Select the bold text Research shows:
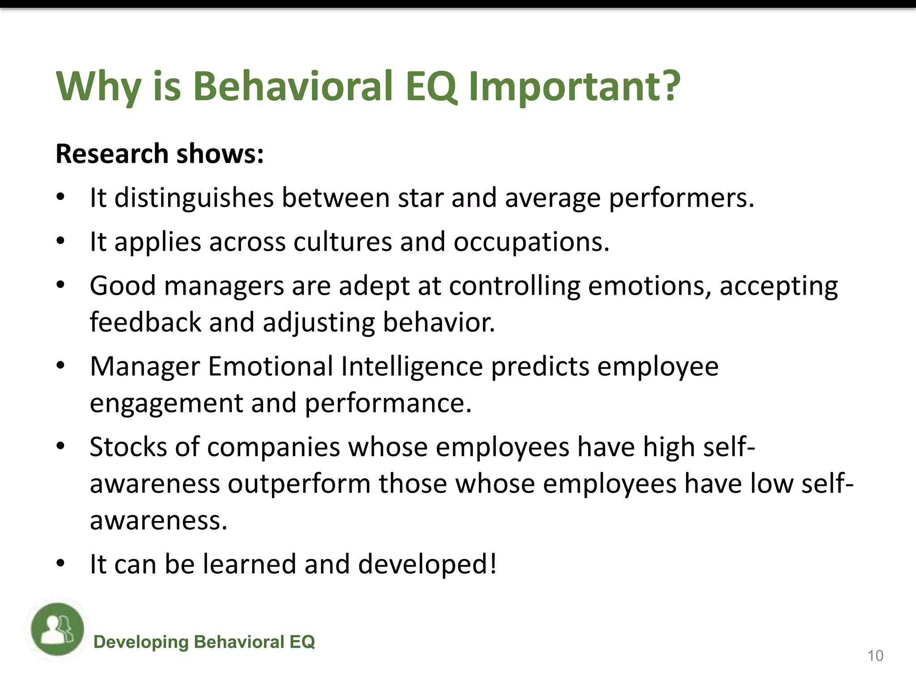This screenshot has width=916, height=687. pos(160,154)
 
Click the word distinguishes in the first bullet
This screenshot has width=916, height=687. pos(194,198)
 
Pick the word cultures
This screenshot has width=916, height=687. pos(342,242)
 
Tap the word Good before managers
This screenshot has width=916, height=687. pos(123,286)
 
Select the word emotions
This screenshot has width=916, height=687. pos(649,286)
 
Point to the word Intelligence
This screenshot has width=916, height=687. pos(412,367)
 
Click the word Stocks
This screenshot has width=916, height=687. pos(128,447)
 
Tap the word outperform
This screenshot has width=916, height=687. pos(299,484)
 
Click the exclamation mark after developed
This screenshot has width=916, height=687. pos(493,564)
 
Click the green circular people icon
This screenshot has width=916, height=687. pos(58,629)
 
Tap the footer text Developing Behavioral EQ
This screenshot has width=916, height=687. pos(204,642)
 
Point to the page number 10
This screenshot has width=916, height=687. pos(875,656)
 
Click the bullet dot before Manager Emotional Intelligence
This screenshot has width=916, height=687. pos(61,365)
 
